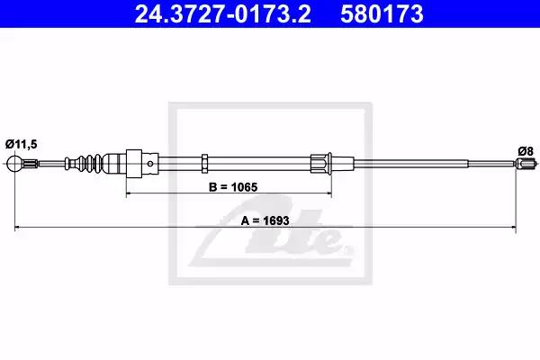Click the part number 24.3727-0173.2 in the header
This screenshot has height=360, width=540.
coord(222,14)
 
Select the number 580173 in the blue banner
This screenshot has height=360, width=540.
coord(382,14)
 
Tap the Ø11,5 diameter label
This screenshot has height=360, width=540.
coord(21,144)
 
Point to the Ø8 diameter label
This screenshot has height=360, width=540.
coord(526,151)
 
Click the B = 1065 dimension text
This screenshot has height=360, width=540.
coord(233,187)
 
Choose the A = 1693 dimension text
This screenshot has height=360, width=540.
coord(265,220)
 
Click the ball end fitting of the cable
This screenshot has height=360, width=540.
coord(14,163)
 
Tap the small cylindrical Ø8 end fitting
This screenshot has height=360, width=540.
coord(526,163)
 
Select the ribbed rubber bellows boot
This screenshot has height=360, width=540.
coord(89,163)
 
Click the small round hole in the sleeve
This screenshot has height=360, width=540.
coord(150,164)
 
